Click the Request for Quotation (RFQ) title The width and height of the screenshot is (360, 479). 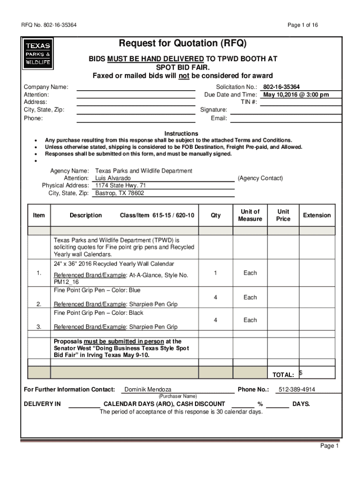(x=182, y=44)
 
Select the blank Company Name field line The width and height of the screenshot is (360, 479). (x=136, y=87)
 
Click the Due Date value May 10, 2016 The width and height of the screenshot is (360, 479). (x=296, y=94)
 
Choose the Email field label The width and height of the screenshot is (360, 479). (x=219, y=118)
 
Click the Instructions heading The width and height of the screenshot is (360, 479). (x=181, y=133)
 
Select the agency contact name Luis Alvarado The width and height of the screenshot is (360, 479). (x=113, y=178)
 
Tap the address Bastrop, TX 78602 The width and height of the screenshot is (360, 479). (x=120, y=193)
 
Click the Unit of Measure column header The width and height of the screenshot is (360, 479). (x=250, y=215)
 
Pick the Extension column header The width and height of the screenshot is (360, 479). (x=317, y=215)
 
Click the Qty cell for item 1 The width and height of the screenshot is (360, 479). (x=215, y=273)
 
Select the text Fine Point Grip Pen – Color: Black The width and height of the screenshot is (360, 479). (x=99, y=313)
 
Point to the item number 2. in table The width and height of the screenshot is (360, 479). (x=39, y=305)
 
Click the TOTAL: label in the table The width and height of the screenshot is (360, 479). (x=283, y=375)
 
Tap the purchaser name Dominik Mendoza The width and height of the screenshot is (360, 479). (x=148, y=389)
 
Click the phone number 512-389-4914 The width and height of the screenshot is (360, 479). (x=296, y=389)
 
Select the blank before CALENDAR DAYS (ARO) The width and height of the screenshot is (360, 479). (x=84, y=405)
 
